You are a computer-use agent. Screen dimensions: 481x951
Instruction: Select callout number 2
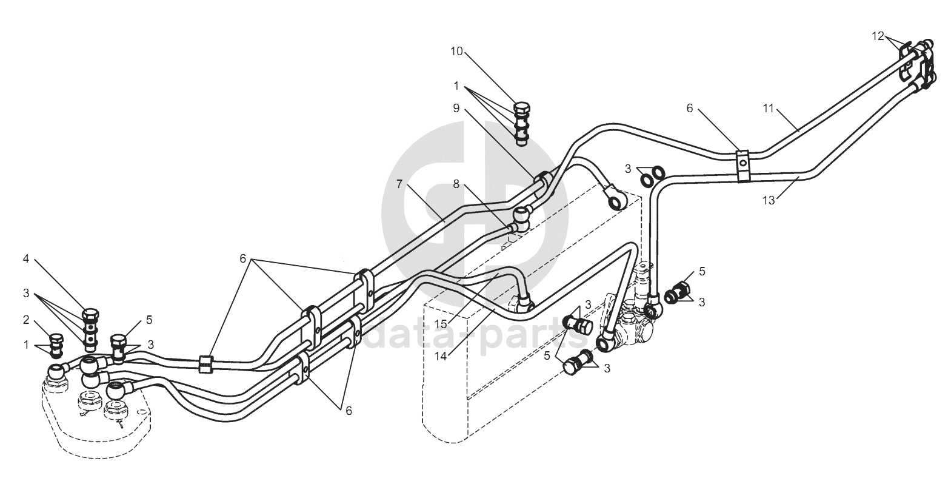point(26,319)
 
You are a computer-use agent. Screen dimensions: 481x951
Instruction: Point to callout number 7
point(399,184)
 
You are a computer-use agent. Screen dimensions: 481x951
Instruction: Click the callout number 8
point(456,184)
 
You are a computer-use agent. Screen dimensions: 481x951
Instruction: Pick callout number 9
point(456,108)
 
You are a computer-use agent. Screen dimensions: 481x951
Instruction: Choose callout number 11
point(768,109)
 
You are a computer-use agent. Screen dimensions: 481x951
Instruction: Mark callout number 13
point(768,201)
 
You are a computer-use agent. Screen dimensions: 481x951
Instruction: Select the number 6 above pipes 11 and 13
point(689,108)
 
